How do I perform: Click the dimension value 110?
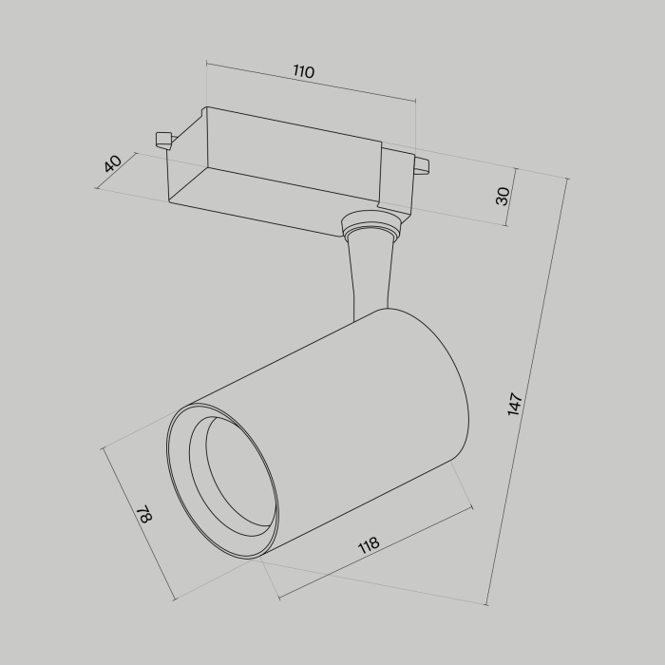click(x=303, y=72)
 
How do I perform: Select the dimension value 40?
click(x=113, y=163)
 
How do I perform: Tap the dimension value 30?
click(x=503, y=196)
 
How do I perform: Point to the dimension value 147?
click(x=515, y=404)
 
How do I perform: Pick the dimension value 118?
click(x=368, y=544)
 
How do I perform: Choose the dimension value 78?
click(x=144, y=516)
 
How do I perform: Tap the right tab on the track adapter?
click(x=420, y=167)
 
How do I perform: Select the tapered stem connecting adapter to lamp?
click(x=371, y=275)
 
